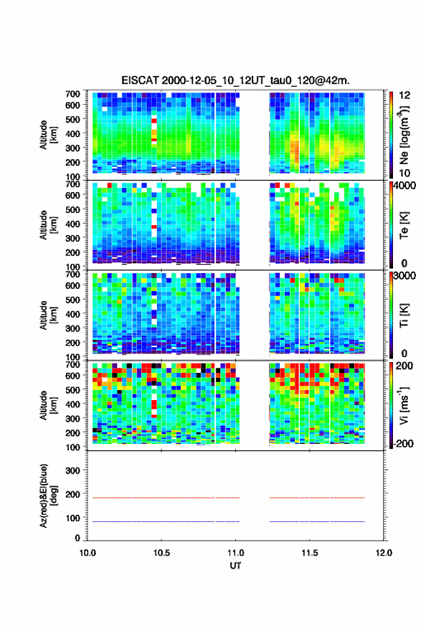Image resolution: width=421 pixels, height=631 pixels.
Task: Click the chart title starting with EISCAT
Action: pos(235,80)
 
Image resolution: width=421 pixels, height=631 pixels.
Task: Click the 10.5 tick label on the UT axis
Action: pos(161,553)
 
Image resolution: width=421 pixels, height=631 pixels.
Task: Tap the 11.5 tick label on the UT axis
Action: pos(310,553)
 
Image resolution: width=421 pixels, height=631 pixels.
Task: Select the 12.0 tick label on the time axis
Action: pos(384,553)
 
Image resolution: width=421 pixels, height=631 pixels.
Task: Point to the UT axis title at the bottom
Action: pos(235,566)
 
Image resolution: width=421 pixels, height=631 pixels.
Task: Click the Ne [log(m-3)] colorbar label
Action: pos(405,136)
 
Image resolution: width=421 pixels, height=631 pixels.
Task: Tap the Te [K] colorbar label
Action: pos(405,225)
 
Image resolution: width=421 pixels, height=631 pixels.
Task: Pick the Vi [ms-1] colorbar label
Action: pos(405,406)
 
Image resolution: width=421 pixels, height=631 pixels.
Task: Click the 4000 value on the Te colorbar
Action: pos(404,186)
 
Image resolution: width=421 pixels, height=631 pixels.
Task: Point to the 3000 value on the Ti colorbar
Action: pos(404,276)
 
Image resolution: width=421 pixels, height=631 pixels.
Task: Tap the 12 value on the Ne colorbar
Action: pos(405,95)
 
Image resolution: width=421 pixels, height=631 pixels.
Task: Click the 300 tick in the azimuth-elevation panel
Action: pos(72,470)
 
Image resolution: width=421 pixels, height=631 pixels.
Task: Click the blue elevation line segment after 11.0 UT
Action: pos(317,521)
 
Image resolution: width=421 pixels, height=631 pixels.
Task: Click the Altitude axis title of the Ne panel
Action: pos(48,135)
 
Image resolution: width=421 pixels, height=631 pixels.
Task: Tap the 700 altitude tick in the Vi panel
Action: pos(72,364)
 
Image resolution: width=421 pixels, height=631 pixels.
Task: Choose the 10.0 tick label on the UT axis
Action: pos(87,553)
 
